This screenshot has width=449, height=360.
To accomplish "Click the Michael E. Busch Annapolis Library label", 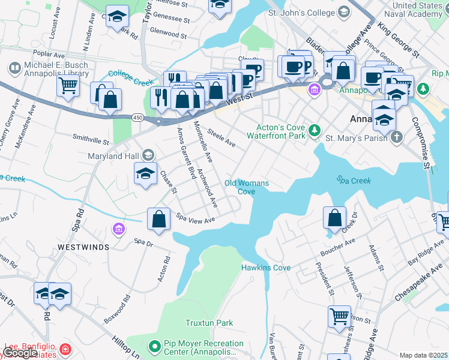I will point(56,69).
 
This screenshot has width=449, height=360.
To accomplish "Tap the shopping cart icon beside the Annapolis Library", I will point(68,86).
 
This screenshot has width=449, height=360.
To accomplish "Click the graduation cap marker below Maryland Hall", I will point(145,174).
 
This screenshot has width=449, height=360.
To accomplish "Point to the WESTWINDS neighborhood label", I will point(83,247).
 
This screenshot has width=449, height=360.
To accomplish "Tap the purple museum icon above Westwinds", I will point(118,229).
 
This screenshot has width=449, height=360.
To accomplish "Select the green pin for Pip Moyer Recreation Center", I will point(154,346).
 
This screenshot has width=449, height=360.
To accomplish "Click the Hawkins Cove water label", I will point(266,268).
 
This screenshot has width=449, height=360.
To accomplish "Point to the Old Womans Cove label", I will point(246,187).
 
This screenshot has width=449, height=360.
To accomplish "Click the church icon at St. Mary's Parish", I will point(396,139).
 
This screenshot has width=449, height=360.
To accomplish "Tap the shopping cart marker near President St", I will point(339,316).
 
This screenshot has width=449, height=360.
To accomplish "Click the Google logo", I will point(20,353).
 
